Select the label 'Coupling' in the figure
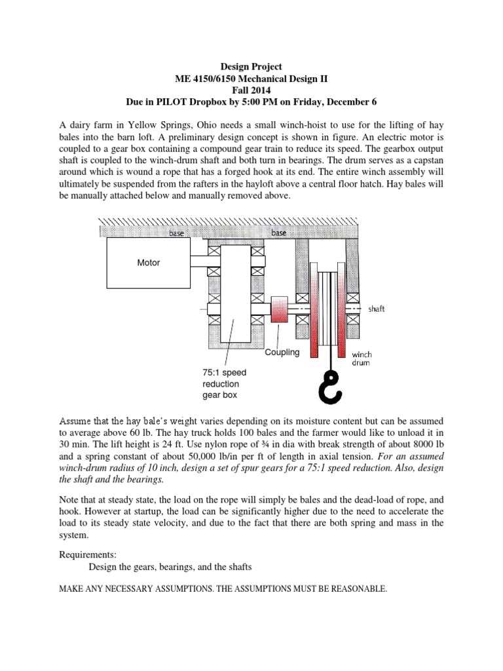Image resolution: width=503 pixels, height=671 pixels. tap(282, 352)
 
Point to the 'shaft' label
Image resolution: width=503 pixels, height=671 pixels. tap(375, 309)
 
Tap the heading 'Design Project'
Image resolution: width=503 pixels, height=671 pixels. tap(251, 66)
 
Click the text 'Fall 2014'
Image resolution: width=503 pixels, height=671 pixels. tap(251, 90)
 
